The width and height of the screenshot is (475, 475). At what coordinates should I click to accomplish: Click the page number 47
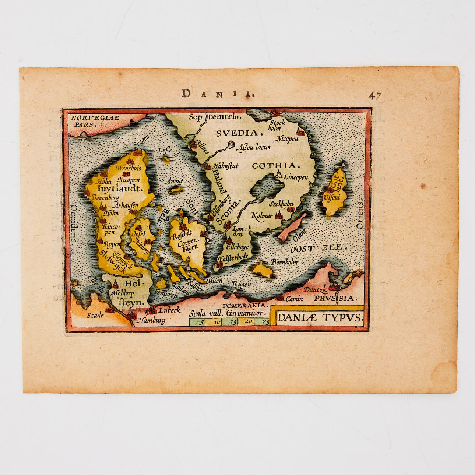click(375, 96)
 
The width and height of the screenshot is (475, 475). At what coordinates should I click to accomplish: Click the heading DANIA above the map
click(218, 94)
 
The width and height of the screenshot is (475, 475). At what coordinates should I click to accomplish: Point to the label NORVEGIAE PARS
click(95, 121)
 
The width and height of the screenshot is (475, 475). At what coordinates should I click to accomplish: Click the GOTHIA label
click(274, 166)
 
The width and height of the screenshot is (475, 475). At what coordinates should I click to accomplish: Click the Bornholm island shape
click(263, 270)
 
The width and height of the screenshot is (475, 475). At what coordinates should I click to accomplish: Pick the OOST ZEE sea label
click(319, 249)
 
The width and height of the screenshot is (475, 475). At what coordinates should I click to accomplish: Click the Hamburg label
click(152, 320)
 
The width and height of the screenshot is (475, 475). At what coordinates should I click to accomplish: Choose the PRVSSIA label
click(335, 298)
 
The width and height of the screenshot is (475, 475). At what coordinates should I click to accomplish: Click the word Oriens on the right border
click(360, 215)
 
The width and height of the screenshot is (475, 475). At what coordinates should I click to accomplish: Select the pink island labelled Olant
click(292, 226)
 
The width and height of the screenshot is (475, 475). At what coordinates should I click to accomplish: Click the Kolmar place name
click(262, 215)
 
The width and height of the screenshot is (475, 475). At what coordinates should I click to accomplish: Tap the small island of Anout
click(175, 190)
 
